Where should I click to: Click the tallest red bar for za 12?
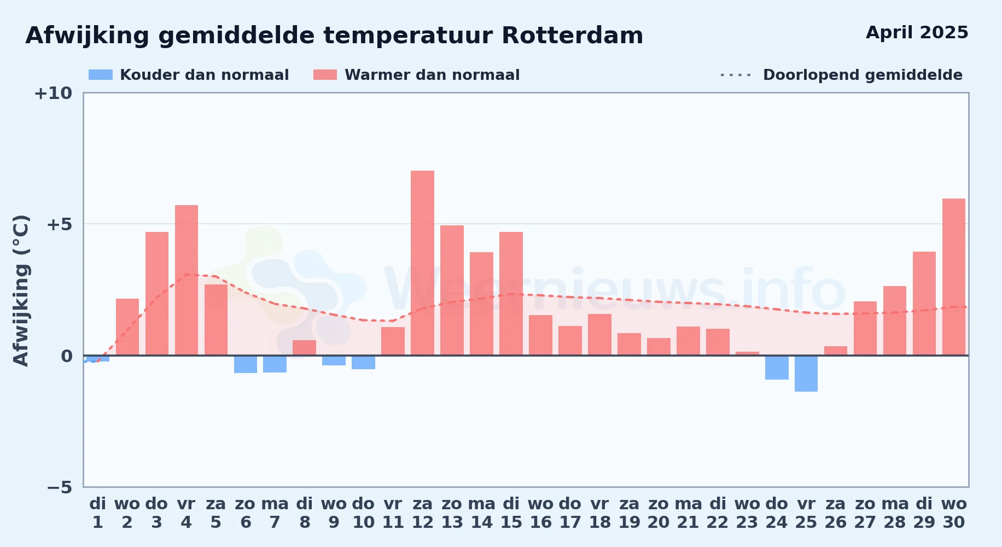tap(422, 263)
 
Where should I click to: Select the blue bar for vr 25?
tap(806, 374)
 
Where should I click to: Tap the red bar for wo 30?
tap(954, 277)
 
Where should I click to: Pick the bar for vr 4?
tap(187, 280)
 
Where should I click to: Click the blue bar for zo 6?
tap(246, 364)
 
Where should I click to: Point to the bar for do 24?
tap(777, 368)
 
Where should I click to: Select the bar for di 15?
tap(511, 294)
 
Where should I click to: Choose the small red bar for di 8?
tap(304, 348)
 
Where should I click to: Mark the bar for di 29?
tap(924, 304)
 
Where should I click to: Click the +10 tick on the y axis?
tap(53, 94)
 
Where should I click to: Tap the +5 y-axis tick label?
tap(59, 224)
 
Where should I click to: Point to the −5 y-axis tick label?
tap(60, 487)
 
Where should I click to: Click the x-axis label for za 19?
tap(629, 513)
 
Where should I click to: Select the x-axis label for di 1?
tap(98, 513)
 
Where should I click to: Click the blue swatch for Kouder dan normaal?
tap(101, 75)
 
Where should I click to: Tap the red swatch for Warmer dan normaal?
tap(325, 75)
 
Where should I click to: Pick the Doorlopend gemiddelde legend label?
tap(863, 75)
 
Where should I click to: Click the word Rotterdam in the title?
tap(572, 36)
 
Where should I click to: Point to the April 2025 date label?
tap(917, 32)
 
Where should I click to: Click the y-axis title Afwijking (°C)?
tap(21, 290)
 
